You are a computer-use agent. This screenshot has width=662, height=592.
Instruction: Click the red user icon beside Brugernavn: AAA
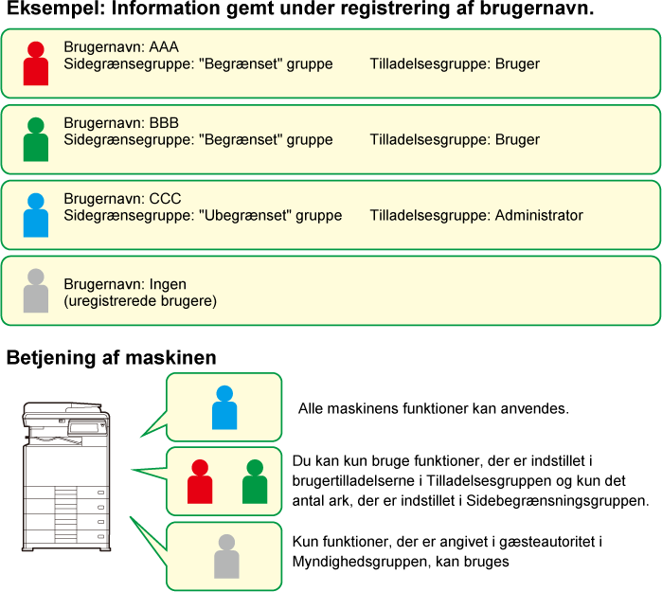(36, 63)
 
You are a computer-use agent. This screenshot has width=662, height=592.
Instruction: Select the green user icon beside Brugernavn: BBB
(36, 139)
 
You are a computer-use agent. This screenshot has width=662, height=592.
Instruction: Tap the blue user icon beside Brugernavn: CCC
(36, 215)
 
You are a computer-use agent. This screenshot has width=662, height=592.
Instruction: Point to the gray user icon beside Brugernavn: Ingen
(36, 291)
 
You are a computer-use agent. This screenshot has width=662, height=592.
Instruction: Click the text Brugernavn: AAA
(121, 46)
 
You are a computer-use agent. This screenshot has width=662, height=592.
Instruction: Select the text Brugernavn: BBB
(121, 123)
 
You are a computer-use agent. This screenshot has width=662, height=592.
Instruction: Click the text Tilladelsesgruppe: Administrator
(476, 215)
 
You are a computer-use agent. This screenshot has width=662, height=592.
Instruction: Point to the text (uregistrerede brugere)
(140, 301)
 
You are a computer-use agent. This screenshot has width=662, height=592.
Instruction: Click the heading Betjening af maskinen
(112, 358)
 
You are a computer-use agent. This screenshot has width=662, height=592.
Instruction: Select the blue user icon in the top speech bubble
(224, 407)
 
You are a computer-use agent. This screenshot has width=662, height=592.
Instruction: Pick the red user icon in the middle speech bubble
(200, 481)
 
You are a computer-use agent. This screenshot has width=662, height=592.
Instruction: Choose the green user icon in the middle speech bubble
(255, 481)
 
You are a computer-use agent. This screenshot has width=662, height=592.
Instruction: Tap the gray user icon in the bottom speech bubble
(226, 556)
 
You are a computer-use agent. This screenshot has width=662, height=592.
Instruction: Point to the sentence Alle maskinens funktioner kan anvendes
(434, 409)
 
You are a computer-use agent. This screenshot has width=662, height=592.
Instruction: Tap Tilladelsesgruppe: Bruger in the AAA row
(455, 63)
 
